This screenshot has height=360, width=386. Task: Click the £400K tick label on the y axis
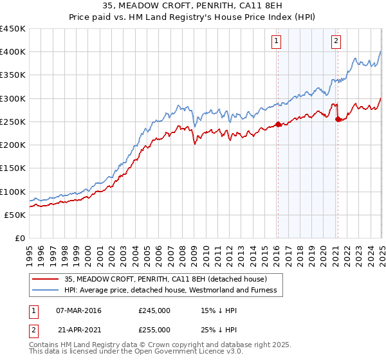point(13,52)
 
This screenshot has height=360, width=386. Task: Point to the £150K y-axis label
point(13,168)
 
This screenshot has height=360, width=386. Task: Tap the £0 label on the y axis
point(19,238)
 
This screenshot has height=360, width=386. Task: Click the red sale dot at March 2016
point(277,124)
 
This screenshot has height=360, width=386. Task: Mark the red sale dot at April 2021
point(338,120)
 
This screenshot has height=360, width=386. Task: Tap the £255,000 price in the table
point(154,329)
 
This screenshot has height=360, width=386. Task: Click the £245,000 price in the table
point(154,310)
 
